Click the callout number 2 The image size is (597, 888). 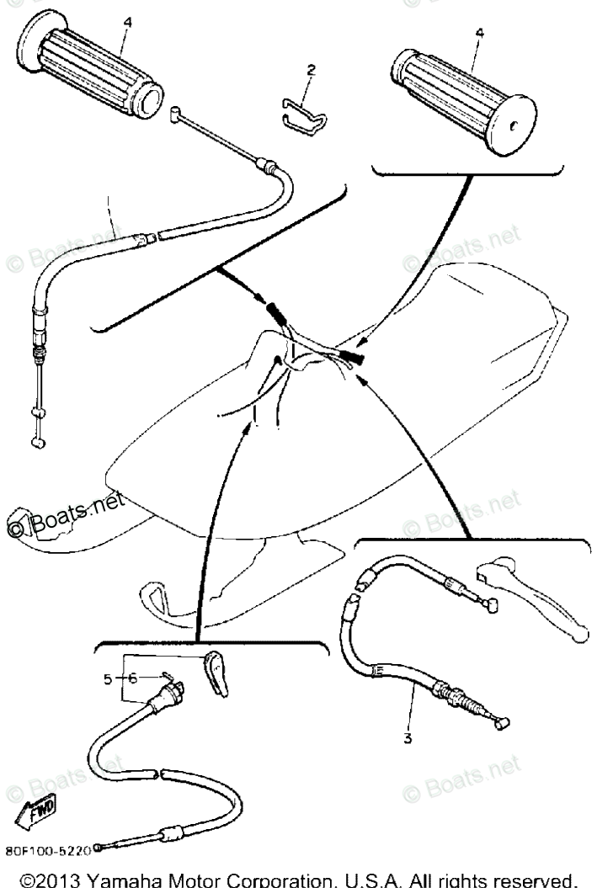311,72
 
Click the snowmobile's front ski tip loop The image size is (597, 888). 157,594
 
